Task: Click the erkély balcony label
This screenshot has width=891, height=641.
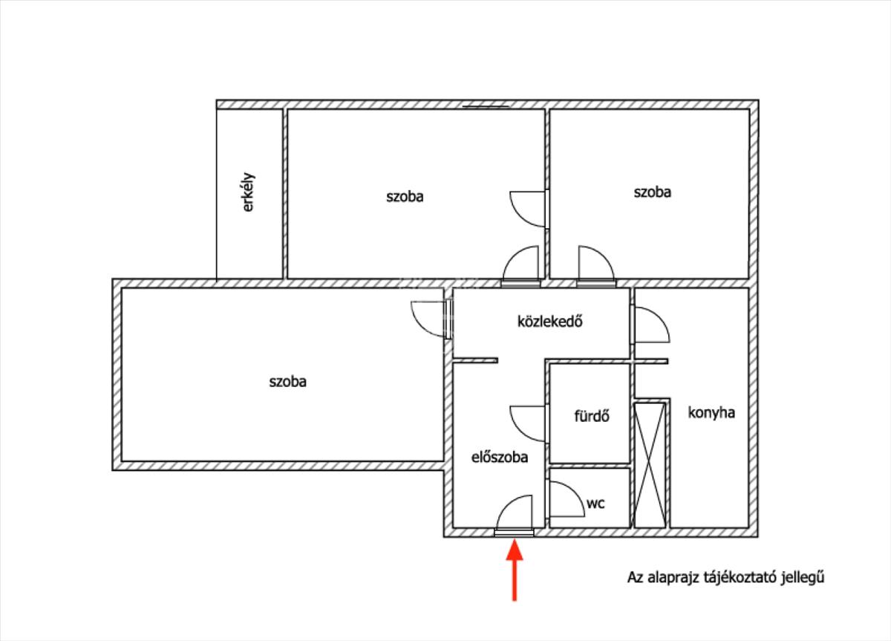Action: [249, 192]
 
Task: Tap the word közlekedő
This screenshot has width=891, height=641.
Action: [548, 322]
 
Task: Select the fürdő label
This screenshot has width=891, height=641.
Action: [592, 416]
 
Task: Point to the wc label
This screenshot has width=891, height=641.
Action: [595, 503]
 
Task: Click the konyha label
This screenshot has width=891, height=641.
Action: [711, 412]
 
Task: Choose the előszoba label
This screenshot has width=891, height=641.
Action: [500, 458]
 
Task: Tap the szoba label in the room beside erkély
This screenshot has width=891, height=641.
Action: [405, 197]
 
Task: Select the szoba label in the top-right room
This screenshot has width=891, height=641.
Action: [652, 192]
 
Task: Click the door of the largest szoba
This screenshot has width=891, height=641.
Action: [430, 319]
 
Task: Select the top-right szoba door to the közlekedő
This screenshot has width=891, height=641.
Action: [595, 264]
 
